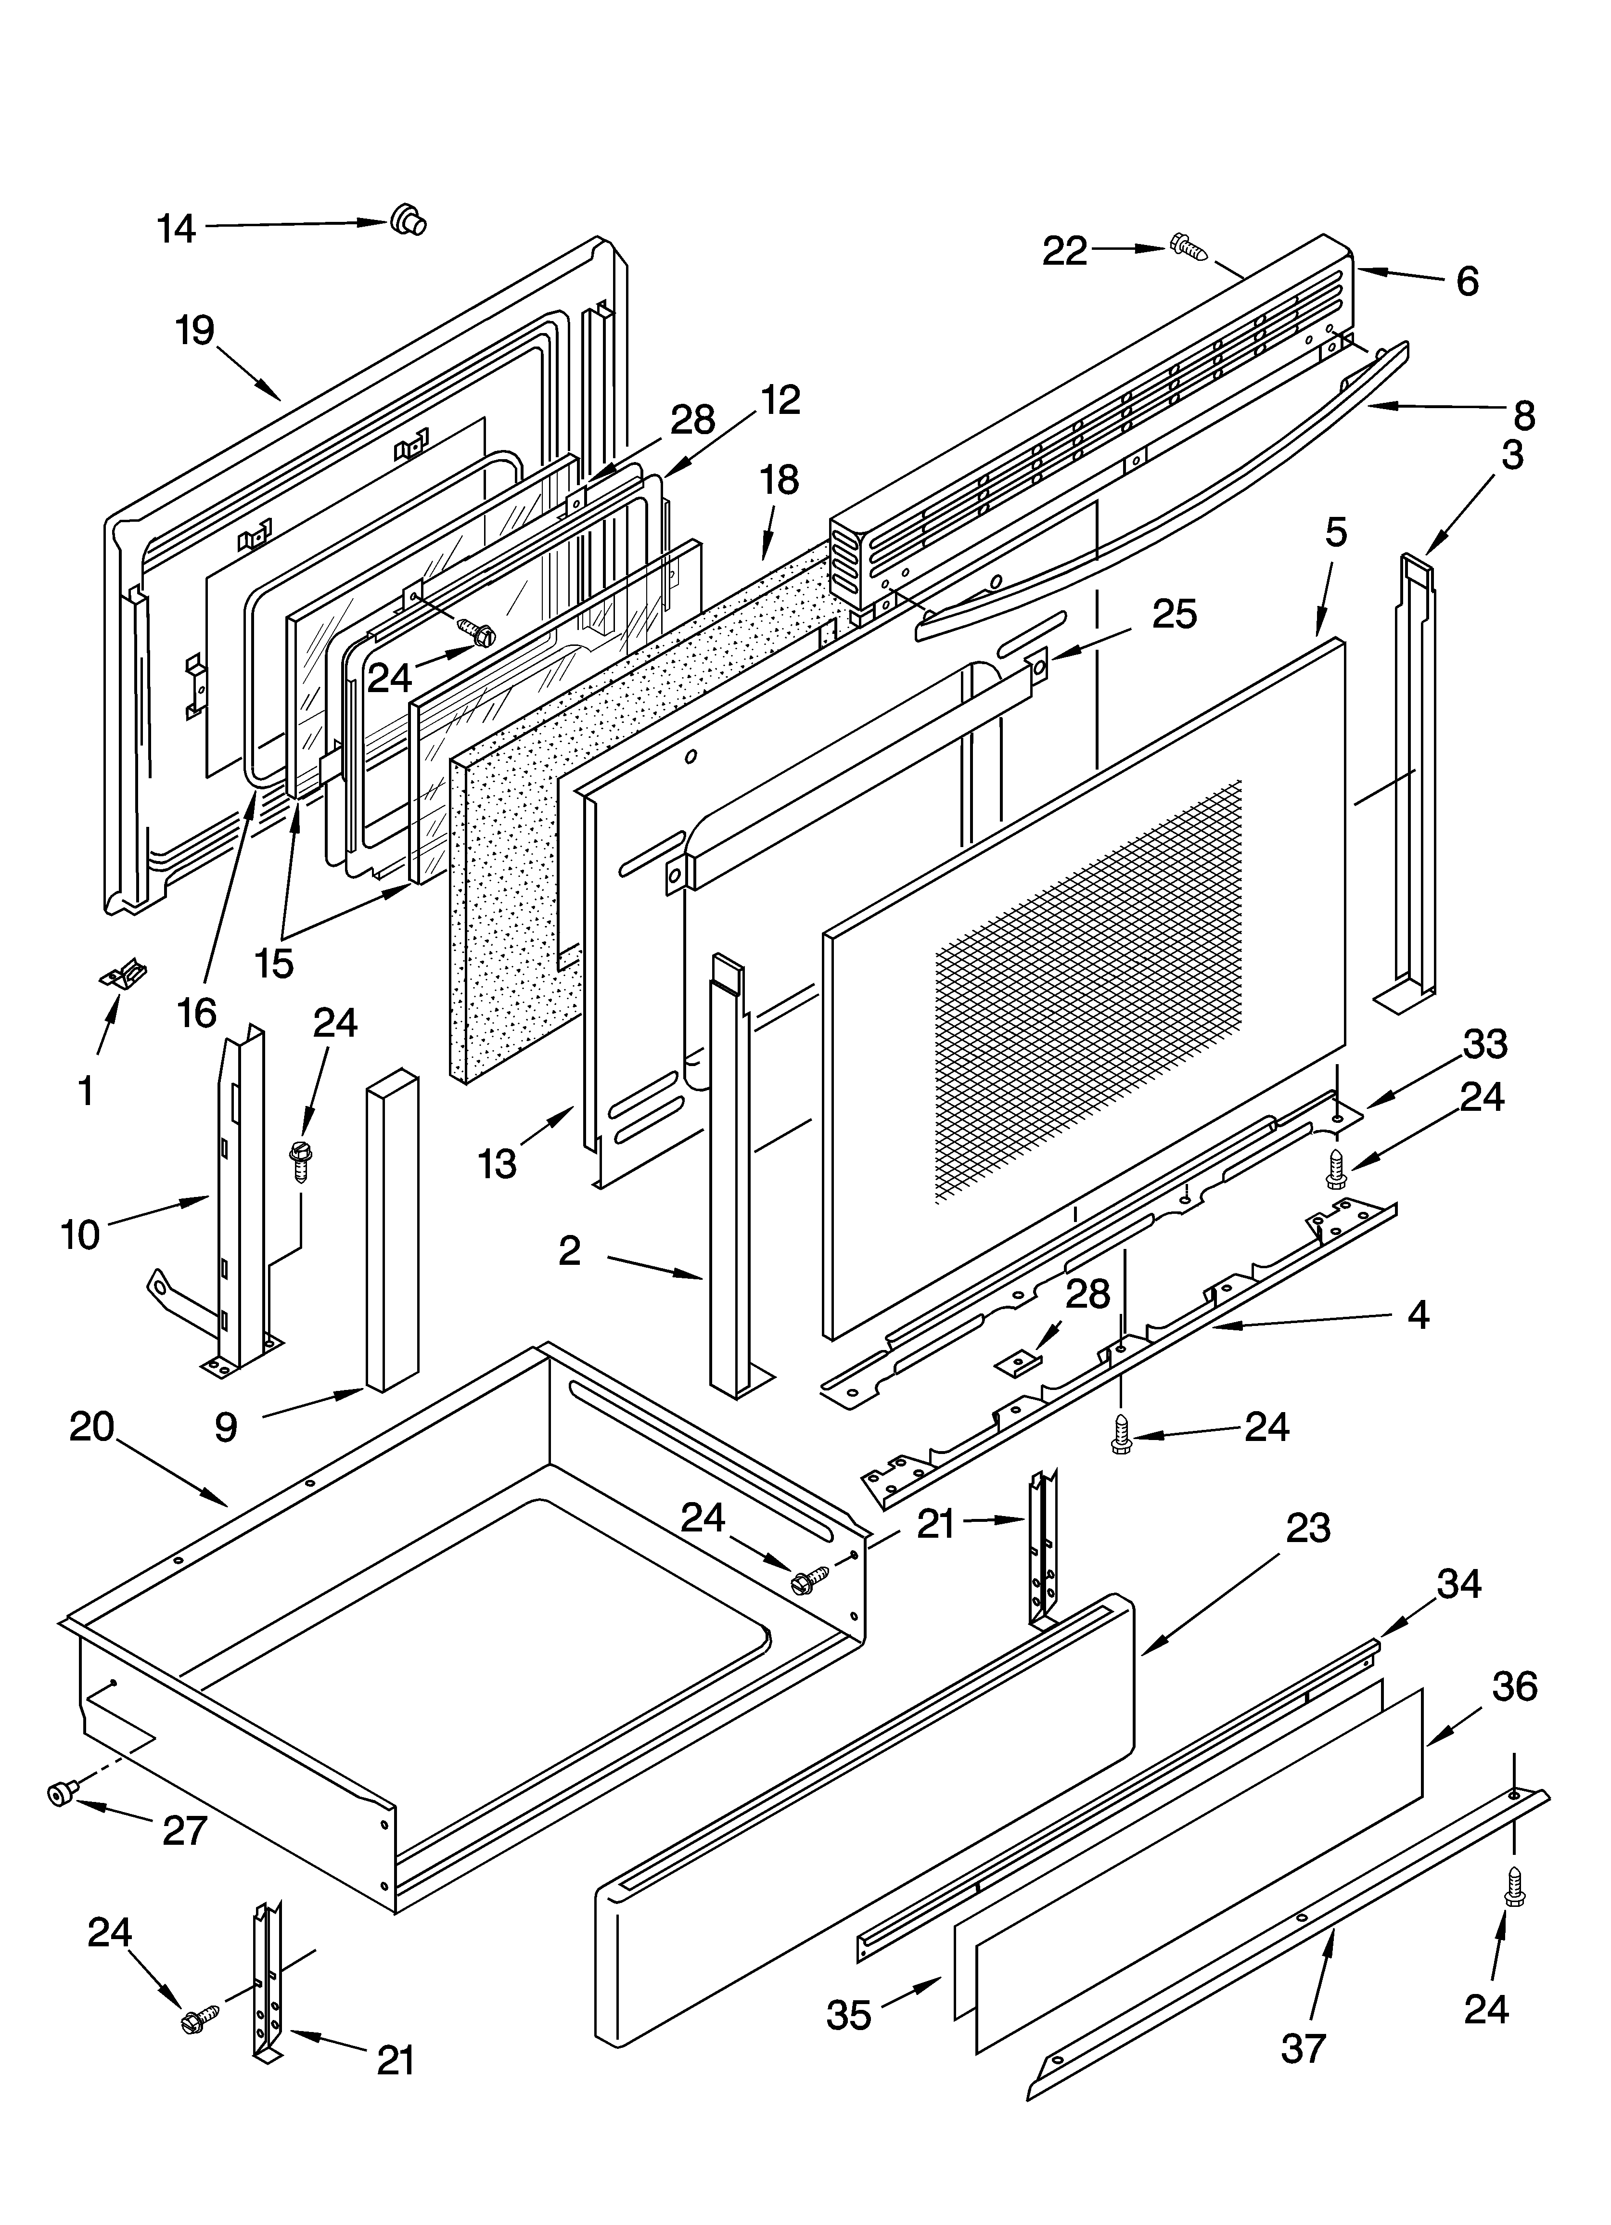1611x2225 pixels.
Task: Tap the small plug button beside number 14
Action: (407, 220)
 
